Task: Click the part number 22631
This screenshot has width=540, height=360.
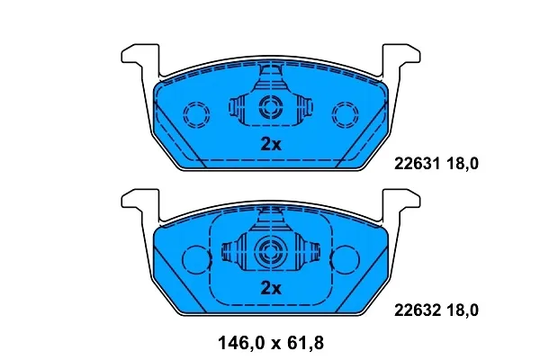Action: (x=417, y=164)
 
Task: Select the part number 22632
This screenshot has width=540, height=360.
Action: (x=417, y=310)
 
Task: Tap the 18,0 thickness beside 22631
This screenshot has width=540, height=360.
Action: (x=463, y=164)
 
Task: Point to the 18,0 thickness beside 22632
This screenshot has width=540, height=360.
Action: (x=463, y=310)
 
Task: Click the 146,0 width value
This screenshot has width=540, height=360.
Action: (x=242, y=343)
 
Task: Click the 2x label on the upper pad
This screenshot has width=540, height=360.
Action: (x=271, y=144)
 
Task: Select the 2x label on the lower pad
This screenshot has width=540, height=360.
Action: (x=271, y=288)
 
